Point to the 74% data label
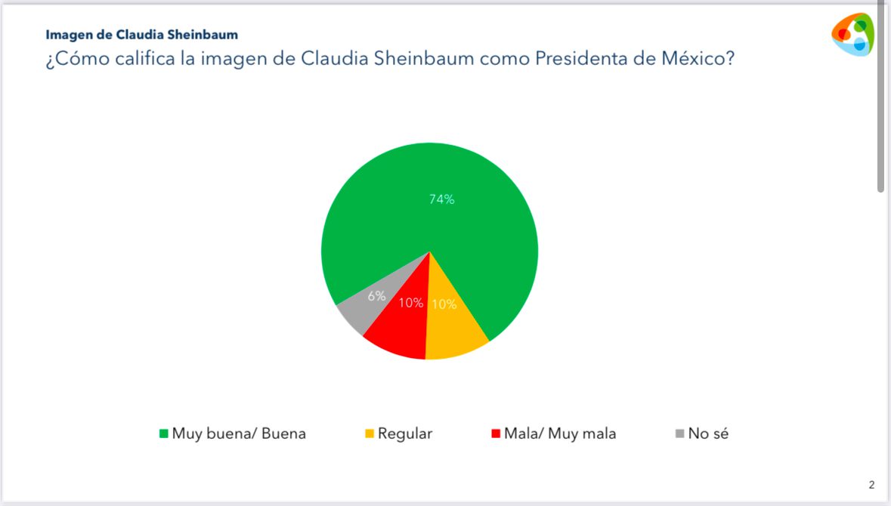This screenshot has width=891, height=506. [441, 199]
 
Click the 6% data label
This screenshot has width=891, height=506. [376, 296]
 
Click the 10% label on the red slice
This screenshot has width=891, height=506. [411, 303]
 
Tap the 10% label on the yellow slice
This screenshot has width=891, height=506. [443, 304]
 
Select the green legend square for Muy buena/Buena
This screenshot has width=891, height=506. [162, 434]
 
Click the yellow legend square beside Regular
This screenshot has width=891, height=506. [369, 434]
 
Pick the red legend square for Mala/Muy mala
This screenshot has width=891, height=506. [496, 434]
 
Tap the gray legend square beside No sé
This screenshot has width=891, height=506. [679, 434]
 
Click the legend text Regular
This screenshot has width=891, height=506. [405, 433]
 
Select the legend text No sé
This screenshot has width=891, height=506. [708, 433]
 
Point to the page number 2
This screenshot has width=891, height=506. [871, 485]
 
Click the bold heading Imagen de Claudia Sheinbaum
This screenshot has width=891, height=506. [141, 35]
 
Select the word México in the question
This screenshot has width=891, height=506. [700, 59]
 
